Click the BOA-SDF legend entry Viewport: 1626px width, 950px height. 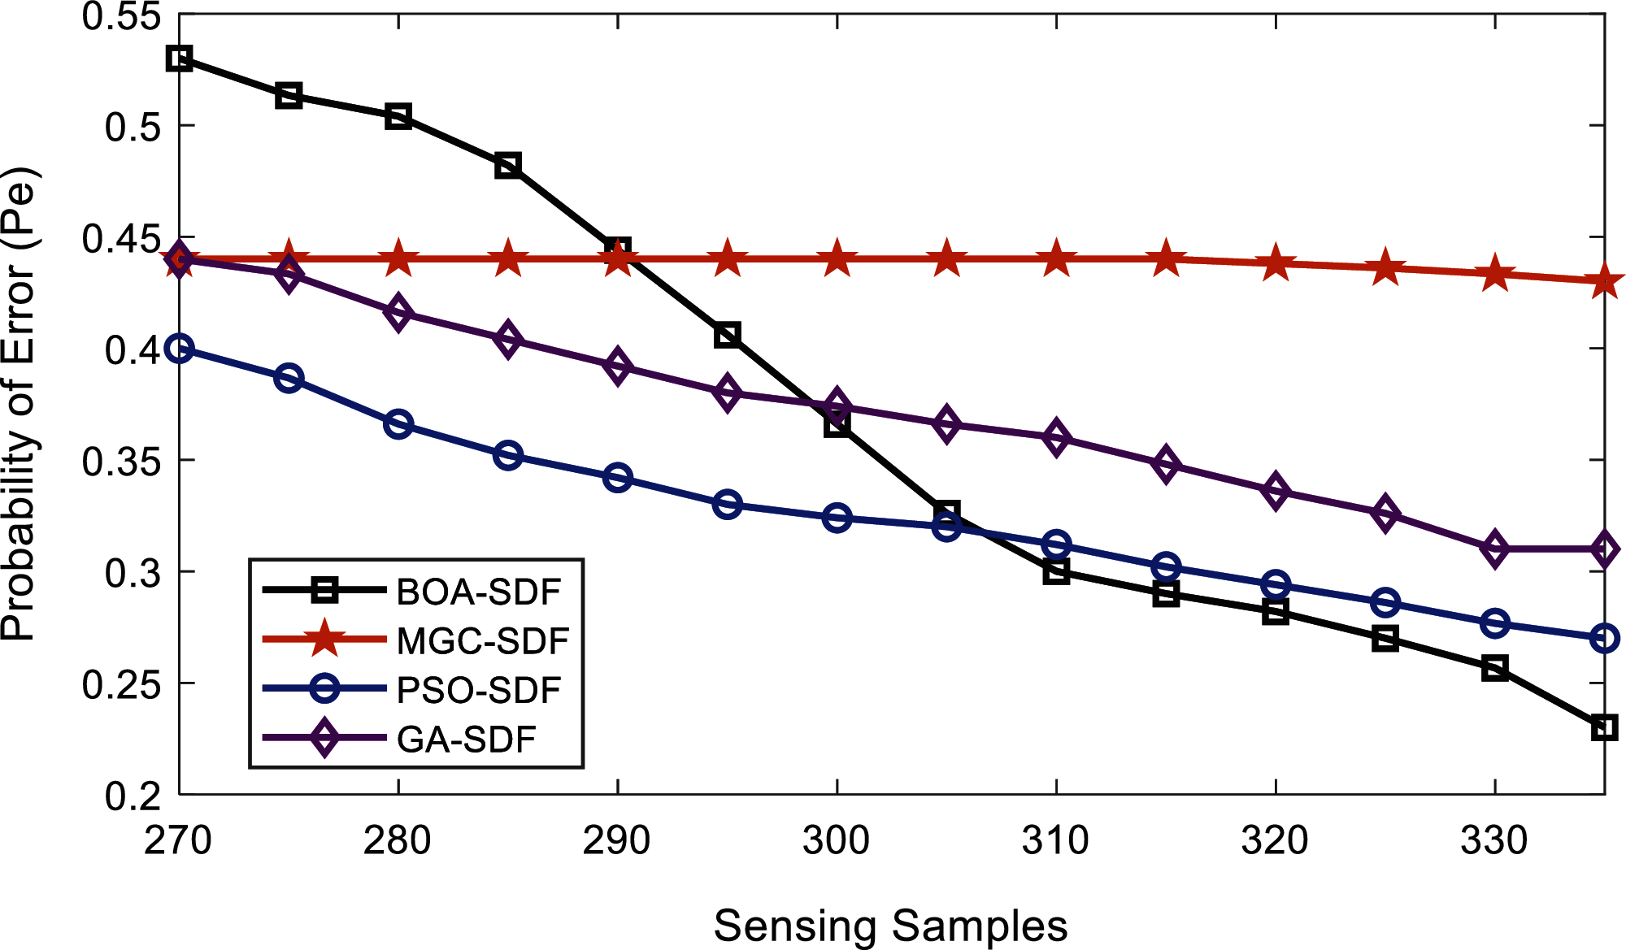(x=478, y=592)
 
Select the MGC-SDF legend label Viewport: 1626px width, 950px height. (x=482, y=641)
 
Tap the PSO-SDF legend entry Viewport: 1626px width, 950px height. (x=478, y=690)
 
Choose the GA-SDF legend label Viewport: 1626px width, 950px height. (x=466, y=740)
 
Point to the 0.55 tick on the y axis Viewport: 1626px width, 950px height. (x=121, y=16)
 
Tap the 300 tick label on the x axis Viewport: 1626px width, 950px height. (x=837, y=840)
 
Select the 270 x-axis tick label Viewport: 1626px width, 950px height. (x=178, y=840)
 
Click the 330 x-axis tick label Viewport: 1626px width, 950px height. (x=1494, y=840)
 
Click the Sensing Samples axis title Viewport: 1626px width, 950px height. (x=890, y=926)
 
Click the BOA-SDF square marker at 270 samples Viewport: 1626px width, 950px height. (x=179, y=59)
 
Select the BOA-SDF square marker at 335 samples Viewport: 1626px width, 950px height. (x=1604, y=727)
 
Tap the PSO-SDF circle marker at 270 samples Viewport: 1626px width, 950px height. (x=179, y=349)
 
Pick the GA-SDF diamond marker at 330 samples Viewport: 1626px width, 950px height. (x=1494, y=550)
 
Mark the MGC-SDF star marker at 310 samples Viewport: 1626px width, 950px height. (x=1056, y=259)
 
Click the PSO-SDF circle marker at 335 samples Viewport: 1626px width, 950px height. (x=1604, y=638)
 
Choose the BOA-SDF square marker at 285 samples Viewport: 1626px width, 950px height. (x=508, y=166)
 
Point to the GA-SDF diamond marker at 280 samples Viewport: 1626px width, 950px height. (x=398, y=313)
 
